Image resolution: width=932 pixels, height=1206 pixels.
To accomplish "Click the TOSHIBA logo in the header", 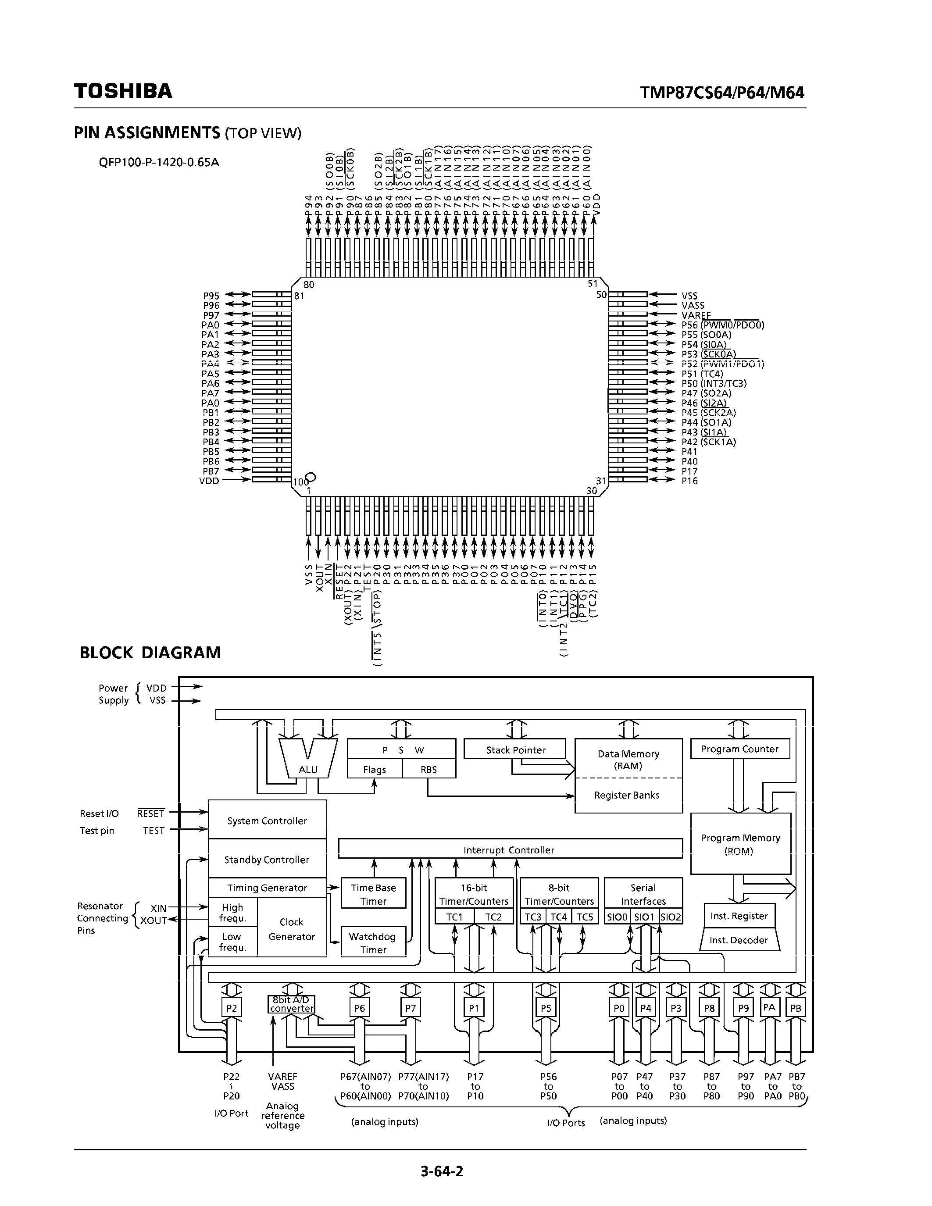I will point(123,91).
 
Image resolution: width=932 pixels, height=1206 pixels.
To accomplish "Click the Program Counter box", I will point(739,749).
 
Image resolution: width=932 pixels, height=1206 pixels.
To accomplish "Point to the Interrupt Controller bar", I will point(509,850).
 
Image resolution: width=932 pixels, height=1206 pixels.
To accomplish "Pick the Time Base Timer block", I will point(373,894).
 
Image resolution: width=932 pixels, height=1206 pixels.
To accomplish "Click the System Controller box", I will point(267,821).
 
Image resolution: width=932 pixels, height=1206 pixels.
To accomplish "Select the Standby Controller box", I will point(267,859).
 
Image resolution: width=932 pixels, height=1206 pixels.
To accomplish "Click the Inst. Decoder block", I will point(739,940).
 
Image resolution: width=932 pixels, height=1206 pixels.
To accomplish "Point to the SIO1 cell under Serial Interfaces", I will point(644,917).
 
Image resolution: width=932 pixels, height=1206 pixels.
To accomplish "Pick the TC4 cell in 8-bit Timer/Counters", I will point(559,917).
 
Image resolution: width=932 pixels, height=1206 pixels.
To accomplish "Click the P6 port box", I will point(360,1008).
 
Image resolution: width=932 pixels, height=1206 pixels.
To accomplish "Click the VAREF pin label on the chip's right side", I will point(696,315).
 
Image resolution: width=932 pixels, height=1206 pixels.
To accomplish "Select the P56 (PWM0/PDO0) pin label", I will point(722,325).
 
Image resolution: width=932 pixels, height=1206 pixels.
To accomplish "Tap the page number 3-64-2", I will point(442,1170).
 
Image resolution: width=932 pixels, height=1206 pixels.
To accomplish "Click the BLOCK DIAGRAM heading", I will point(150,653).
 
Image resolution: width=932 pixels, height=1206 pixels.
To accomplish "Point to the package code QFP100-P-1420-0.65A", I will point(159,162).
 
